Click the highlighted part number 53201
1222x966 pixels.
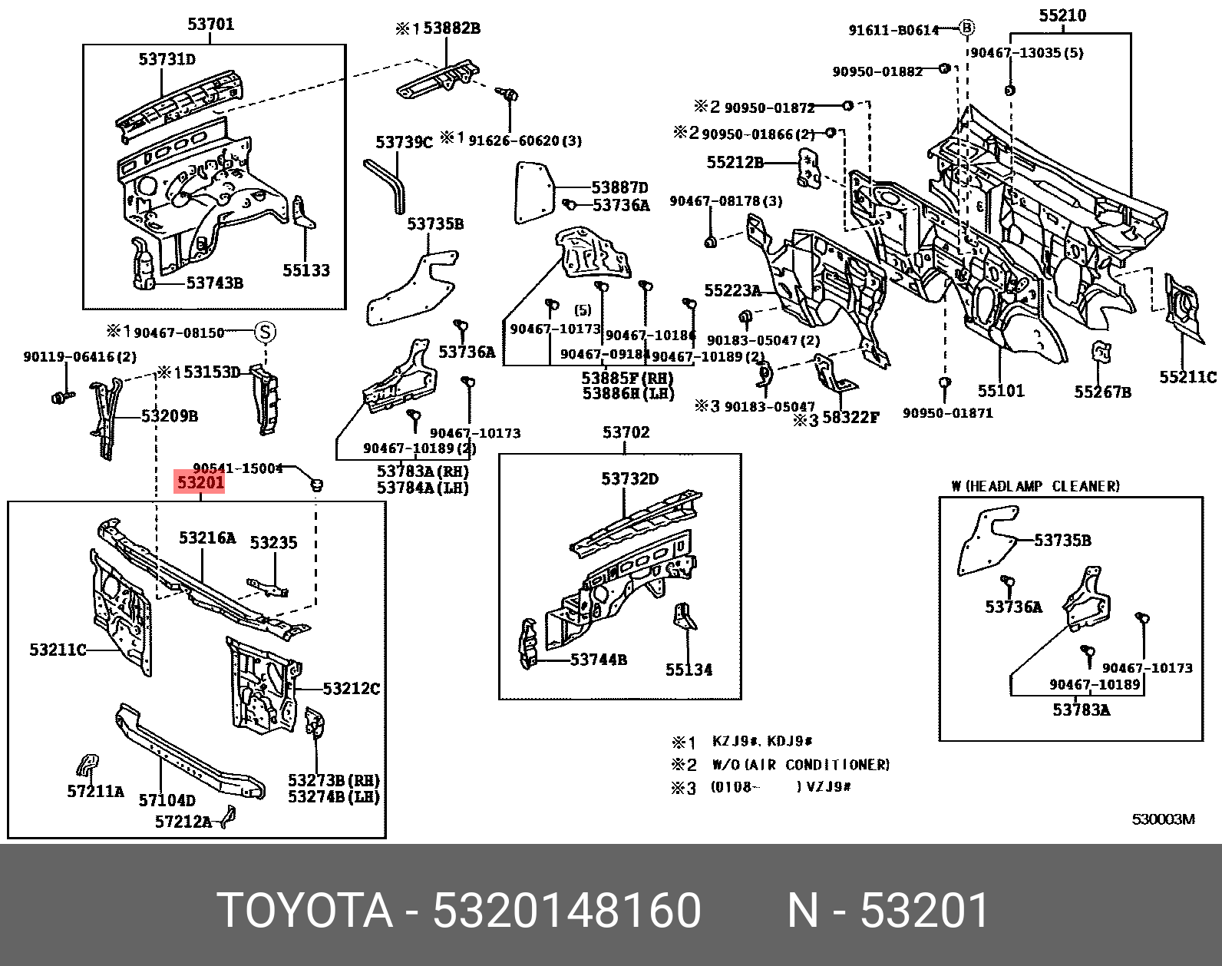[200, 482]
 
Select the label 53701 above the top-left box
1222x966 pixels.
[210, 24]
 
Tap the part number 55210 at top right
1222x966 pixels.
[1062, 15]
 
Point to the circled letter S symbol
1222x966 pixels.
[265, 332]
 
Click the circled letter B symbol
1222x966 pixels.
[966, 28]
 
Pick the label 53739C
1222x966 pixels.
[404, 142]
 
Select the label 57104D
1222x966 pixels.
[167, 800]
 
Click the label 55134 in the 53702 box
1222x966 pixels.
[689, 670]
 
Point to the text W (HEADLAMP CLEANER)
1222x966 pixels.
[1035, 486]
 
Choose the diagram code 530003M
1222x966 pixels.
[1163, 819]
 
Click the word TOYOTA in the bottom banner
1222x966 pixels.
[305, 910]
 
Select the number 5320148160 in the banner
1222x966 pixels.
[566, 910]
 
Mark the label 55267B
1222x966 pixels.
[1102, 392]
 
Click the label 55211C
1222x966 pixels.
[1187, 377]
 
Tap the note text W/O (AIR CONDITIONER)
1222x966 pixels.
[801, 765]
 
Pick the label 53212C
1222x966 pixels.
[351, 689]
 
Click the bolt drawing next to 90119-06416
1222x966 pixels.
[61, 397]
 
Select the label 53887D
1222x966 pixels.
[619, 187]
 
